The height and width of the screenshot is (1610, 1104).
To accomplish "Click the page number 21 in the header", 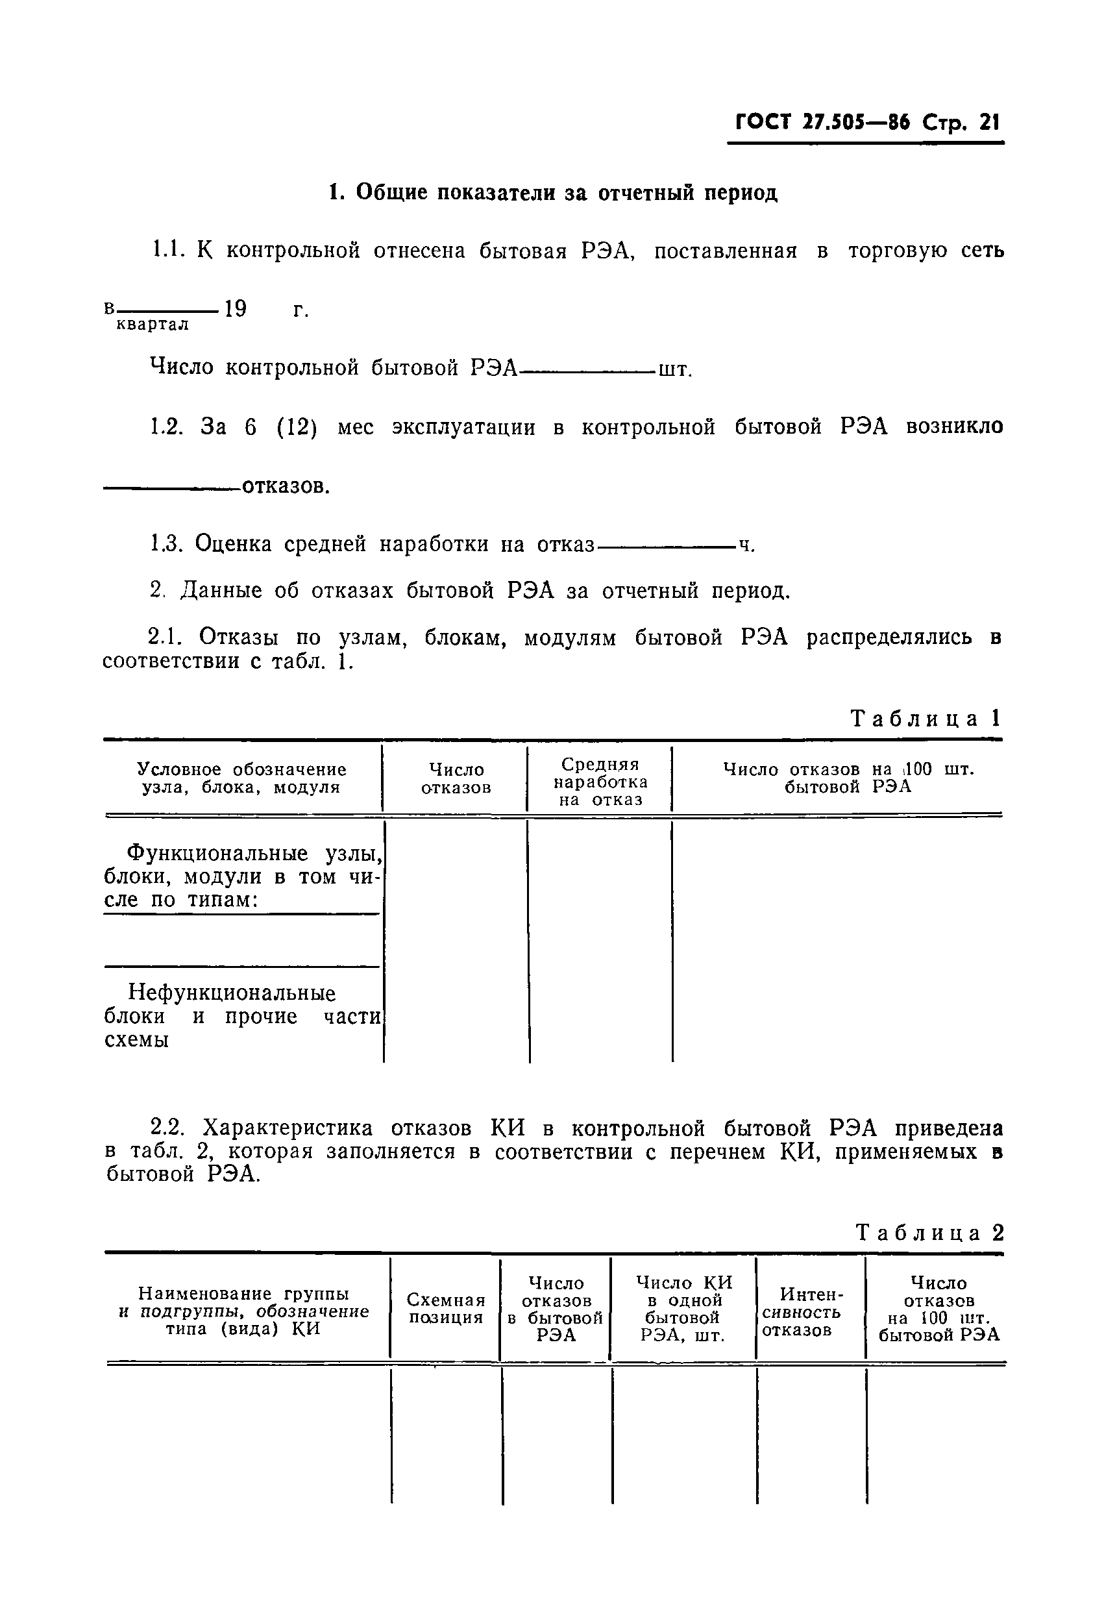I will tap(988, 123).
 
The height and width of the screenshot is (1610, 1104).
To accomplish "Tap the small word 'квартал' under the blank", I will tap(153, 324).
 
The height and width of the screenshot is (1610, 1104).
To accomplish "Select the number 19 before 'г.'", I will tap(236, 308).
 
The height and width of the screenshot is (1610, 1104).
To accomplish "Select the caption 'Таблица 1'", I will tap(926, 719).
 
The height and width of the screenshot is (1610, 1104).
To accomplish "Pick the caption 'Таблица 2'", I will tap(929, 1232).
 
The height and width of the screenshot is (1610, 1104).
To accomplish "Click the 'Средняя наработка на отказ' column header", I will tap(600, 782).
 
